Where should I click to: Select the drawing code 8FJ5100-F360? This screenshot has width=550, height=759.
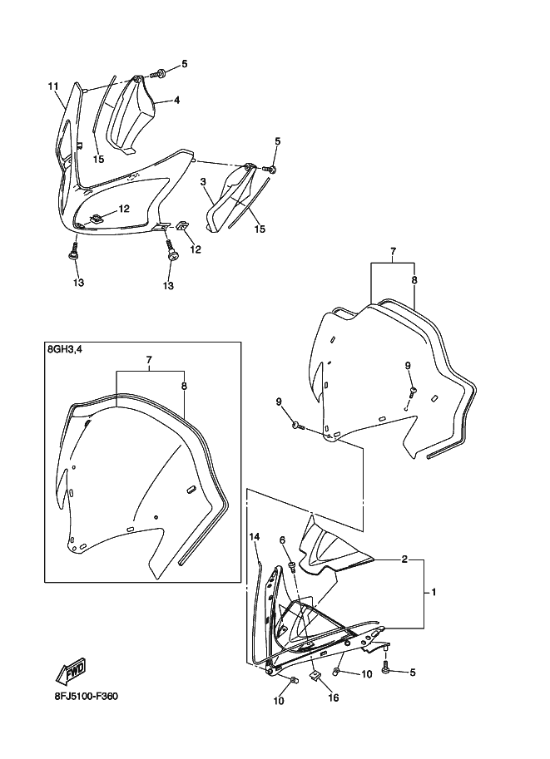[x=86, y=697]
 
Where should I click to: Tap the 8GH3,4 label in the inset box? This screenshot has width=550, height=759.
[x=65, y=349]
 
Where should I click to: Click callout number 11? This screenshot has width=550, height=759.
[x=52, y=86]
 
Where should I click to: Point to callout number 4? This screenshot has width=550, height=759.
[x=177, y=101]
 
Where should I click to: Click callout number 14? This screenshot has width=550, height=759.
[x=255, y=536]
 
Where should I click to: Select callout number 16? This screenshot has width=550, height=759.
[x=334, y=697]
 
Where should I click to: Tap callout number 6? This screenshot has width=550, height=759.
[x=282, y=540]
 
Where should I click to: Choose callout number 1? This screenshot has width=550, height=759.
[x=434, y=592]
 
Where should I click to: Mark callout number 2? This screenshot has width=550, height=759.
[x=404, y=560]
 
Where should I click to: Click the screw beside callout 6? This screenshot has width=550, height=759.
[x=292, y=566]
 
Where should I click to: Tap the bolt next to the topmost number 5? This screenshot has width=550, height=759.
[x=158, y=74]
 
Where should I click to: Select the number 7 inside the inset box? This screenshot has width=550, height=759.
[x=149, y=360]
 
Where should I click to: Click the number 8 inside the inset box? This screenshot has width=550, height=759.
[x=184, y=386]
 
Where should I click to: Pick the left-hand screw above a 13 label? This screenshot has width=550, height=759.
[x=74, y=251]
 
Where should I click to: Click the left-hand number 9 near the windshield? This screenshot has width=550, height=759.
[x=279, y=402]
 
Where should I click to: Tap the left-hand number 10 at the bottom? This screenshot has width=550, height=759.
[x=279, y=701]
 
